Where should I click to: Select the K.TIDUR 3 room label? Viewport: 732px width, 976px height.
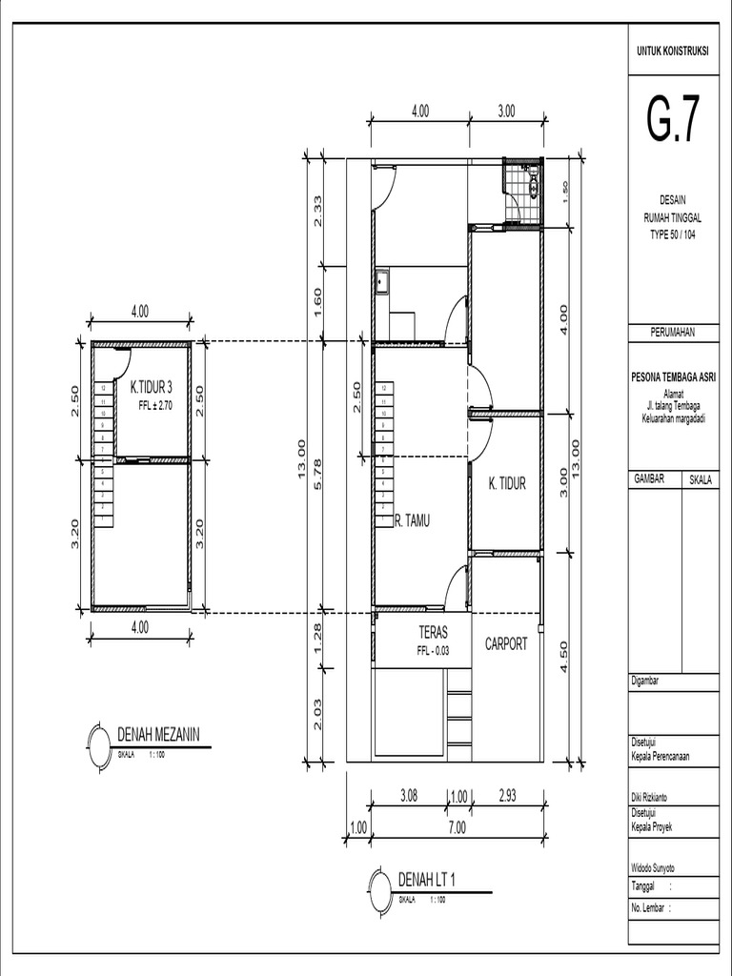pyautogui.click(x=152, y=387)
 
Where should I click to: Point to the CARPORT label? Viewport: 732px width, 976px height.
pyautogui.click(x=506, y=644)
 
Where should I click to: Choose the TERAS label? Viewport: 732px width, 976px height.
pyautogui.click(x=433, y=633)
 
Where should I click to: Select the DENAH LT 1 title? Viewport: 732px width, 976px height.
pyautogui.click(x=426, y=879)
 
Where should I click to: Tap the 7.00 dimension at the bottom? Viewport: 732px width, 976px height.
pyautogui.click(x=457, y=828)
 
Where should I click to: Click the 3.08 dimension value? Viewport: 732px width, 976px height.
pyautogui.click(x=408, y=794)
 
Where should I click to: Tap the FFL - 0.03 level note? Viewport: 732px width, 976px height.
pyautogui.click(x=433, y=652)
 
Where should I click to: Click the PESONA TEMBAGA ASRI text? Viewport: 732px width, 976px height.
pyautogui.click(x=672, y=377)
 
